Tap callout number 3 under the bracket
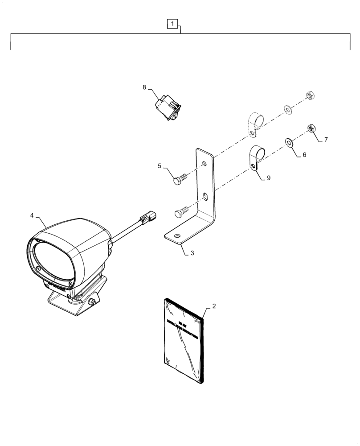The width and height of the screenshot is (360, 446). point(192,253)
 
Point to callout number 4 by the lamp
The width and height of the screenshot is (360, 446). point(32,215)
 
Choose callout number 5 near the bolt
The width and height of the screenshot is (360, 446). point(159,166)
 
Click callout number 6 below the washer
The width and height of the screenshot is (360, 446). point(304,155)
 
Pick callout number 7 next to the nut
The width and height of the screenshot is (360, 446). point(326,140)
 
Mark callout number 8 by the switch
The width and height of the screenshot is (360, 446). point(144,87)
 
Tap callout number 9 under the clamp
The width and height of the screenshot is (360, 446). point(268,178)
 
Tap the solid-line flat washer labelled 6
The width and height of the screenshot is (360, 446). point(289,143)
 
